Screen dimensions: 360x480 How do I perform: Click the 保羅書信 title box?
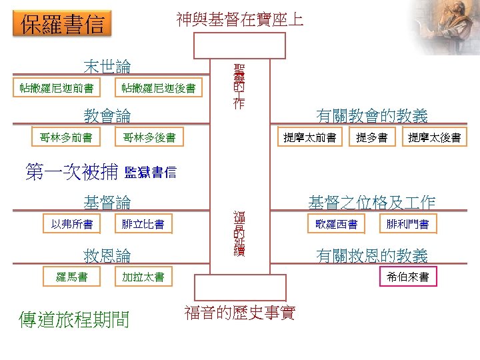(x=63, y=25)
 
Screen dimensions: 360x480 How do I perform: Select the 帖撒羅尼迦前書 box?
(x=57, y=88)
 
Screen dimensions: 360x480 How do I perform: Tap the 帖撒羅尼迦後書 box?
(x=158, y=88)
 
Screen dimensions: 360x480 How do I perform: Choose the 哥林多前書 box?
(x=65, y=138)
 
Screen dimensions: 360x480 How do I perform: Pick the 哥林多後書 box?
(x=149, y=138)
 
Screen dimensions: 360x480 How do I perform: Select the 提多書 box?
(x=372, y=138)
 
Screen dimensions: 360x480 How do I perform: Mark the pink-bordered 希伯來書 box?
(x=408, y=277)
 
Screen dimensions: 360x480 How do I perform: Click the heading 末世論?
(x=107, y=67)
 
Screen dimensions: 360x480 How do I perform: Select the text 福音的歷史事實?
(x=239, y=312)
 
